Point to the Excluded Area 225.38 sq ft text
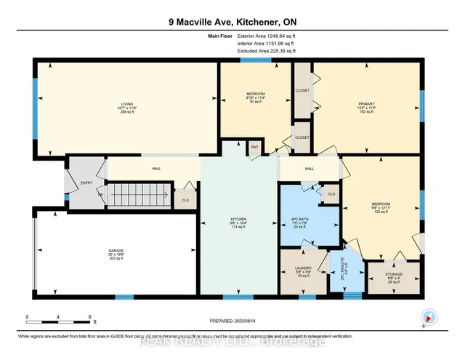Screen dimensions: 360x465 point(267,52)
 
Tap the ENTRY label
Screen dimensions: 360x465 point(86,183)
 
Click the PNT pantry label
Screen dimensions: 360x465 point(254,148)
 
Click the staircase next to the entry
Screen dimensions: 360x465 point(138,196)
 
